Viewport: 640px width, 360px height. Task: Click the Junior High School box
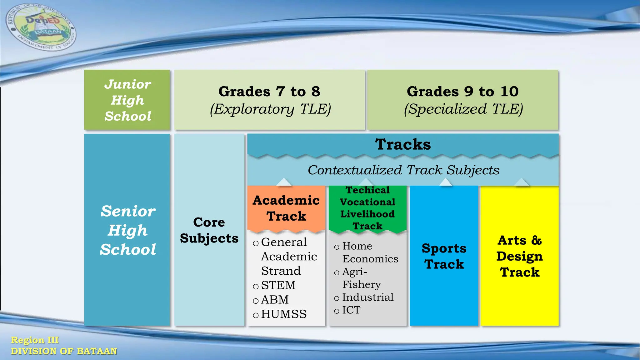pyautogui.click(x=127, y=100)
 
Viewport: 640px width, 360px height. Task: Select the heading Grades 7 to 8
pyautogui.click(x=269, y=92)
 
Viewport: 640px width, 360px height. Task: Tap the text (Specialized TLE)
pyautogui.click(x=463, y=109)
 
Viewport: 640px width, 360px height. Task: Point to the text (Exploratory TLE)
pyautogui.click(x=270, y=109)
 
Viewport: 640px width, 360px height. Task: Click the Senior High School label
pyautogui.click(x=128, y=230)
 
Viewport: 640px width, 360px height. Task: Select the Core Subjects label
pyautogui.click(x=209, y=230)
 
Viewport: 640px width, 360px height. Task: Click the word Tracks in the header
pyautogui.click(x=403, y=144)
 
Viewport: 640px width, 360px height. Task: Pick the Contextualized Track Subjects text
pyautogui.click(x=403, y=170)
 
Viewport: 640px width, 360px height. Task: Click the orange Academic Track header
pyautogui.click(x=286, y=208)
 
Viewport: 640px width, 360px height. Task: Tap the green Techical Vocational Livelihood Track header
pyautogui.click(x=367, y=208)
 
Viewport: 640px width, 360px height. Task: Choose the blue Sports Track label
pyautogui.click(x=444, y=256)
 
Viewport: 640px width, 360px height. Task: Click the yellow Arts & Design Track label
pyautogui.click(x=520, y=256)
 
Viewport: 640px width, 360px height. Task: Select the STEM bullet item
pyautogui.click(x=278, y=285)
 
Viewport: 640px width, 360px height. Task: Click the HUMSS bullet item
pyautogui.click(x=283, y=314)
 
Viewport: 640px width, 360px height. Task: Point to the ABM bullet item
pyautogui.click(x=275, y=300)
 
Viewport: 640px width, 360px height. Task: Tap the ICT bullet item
pyautogui.click(x=351, y=310)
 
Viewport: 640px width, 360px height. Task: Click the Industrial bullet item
pyautogui.click(x=367, y=297)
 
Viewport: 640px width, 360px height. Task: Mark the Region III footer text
pyautogui.click(x=35, y=340)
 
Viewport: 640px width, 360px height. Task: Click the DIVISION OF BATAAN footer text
pyautogui.click(x=64, y=351)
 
